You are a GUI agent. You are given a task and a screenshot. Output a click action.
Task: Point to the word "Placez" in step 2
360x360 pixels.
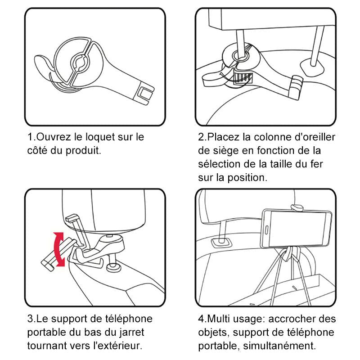(x=223, y=137)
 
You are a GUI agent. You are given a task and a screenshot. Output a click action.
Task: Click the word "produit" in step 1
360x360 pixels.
(x=84, y=150)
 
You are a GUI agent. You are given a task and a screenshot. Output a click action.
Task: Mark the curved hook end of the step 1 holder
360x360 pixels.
(x=43, y=63)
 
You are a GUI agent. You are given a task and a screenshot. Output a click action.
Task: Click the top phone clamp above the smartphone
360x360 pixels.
(x=297, y=207)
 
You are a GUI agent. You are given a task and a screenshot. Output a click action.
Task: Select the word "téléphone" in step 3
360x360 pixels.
(x=124, y=319)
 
